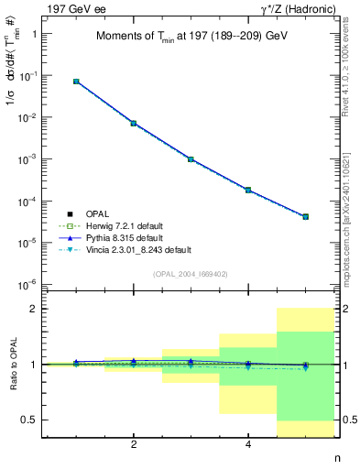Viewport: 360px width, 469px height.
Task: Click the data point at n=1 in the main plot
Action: click(76, 82)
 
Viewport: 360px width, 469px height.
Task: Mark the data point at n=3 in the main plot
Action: click(191, 159)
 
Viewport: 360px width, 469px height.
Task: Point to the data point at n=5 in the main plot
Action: click(305, 217)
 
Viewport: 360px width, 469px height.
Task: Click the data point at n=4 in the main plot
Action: click(248, 190)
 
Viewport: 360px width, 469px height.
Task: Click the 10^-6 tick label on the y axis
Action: click(35, 285)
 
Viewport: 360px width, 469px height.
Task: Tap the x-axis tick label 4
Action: click(248, 445)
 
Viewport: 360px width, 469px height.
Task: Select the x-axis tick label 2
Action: click(134, 445)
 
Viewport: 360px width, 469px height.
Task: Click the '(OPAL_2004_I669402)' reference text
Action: click(191, 274)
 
